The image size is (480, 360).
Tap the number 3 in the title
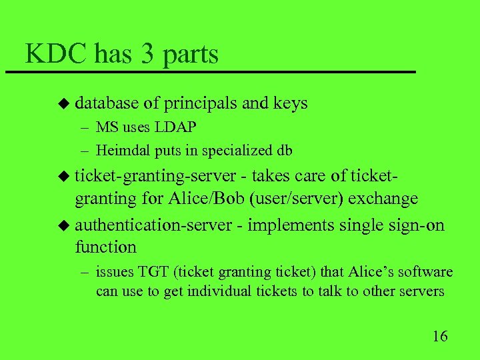(x=148, y=53)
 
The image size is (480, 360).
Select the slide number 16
(x=440, y=335)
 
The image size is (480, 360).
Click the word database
(x=107, y=103)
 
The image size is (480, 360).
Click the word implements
(x=292, y=225)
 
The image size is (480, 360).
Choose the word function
(x=105, y=247)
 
